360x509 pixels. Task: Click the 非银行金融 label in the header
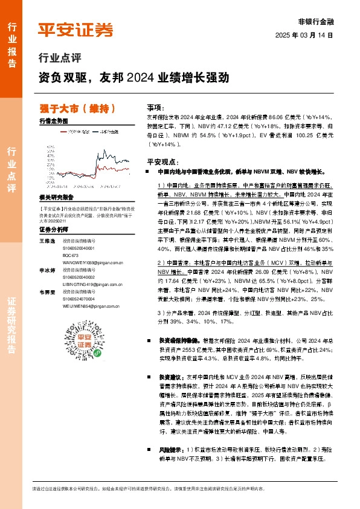(x=316, y=21)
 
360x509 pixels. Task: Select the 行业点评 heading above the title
(x=59, y=59)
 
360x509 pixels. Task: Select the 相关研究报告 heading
(x=56, y=197)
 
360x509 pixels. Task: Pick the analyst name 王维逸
(x=47, y=241)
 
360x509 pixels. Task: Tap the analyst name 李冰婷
(x=47, y=271)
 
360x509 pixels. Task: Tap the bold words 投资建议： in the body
(x=169, y=376)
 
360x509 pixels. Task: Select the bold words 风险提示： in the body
(x=169, y=450)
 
